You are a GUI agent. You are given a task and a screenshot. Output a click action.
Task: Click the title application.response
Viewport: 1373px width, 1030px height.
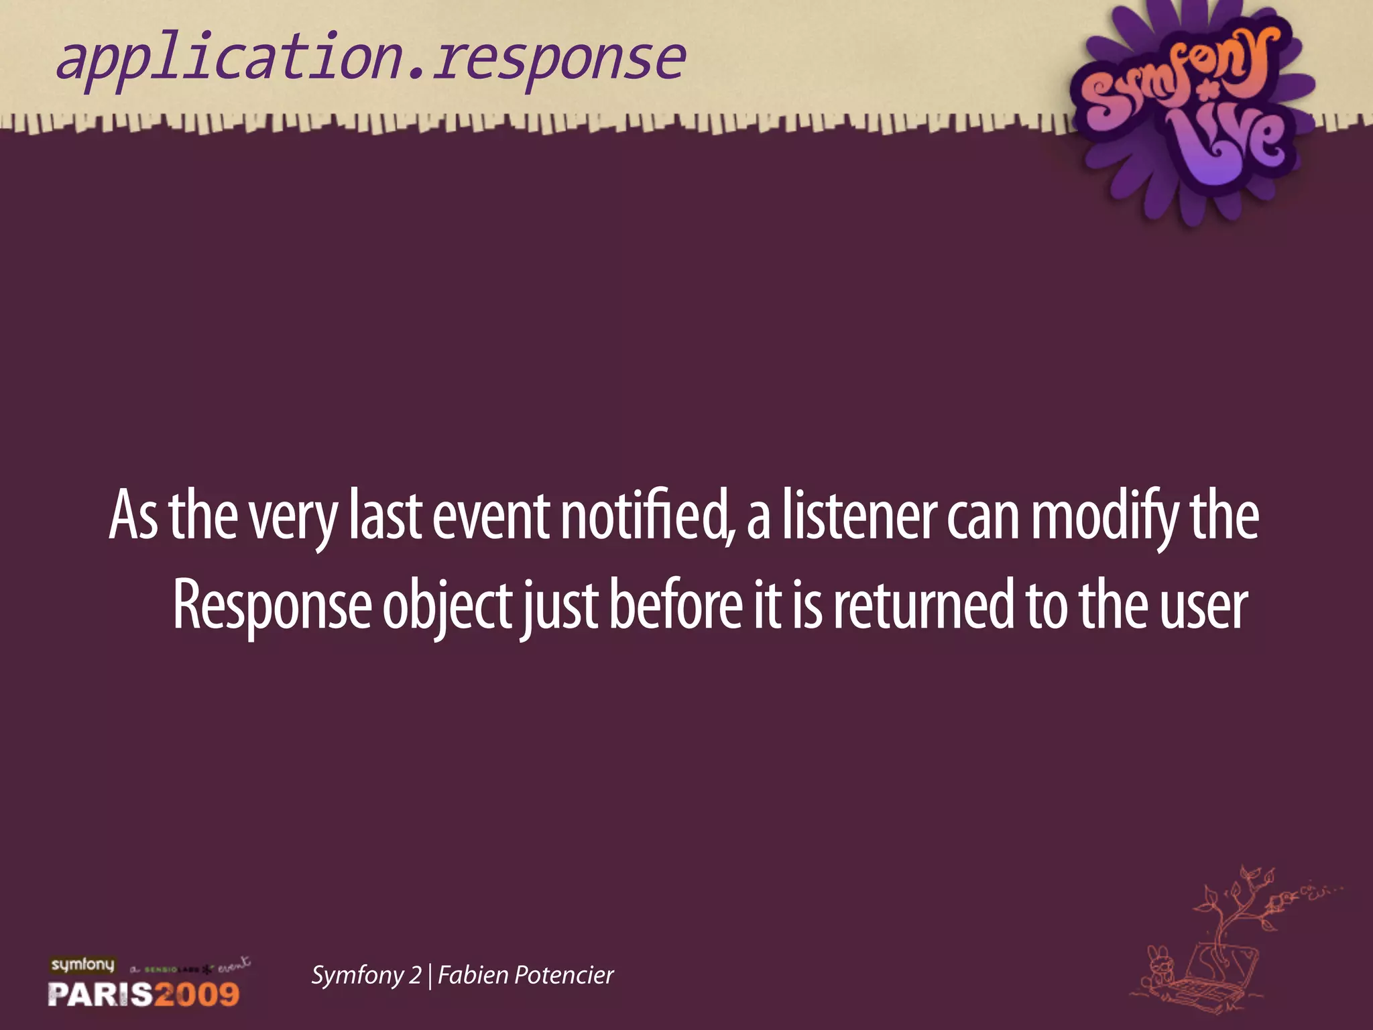pyautogui.click(x=371, y=59)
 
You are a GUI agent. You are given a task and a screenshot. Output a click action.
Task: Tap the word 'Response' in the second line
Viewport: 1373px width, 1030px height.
pyautogui.click(x=272, y=606)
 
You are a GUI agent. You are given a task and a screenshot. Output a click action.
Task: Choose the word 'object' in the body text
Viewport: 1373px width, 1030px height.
pyautogui.click(x=448, y=606)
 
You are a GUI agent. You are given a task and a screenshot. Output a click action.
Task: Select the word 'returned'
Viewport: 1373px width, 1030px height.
pyautogui.click(x=924, y=606)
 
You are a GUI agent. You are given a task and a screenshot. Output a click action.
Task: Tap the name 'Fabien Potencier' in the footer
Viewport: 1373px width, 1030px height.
pyautogui.click(x=526, y=975)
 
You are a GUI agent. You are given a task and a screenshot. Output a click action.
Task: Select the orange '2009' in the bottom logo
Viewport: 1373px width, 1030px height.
pyautogui.click(x=197, y=994)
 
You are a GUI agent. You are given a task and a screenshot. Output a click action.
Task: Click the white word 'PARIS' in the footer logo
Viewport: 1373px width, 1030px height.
pyautogui.click(x=100, y=994)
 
